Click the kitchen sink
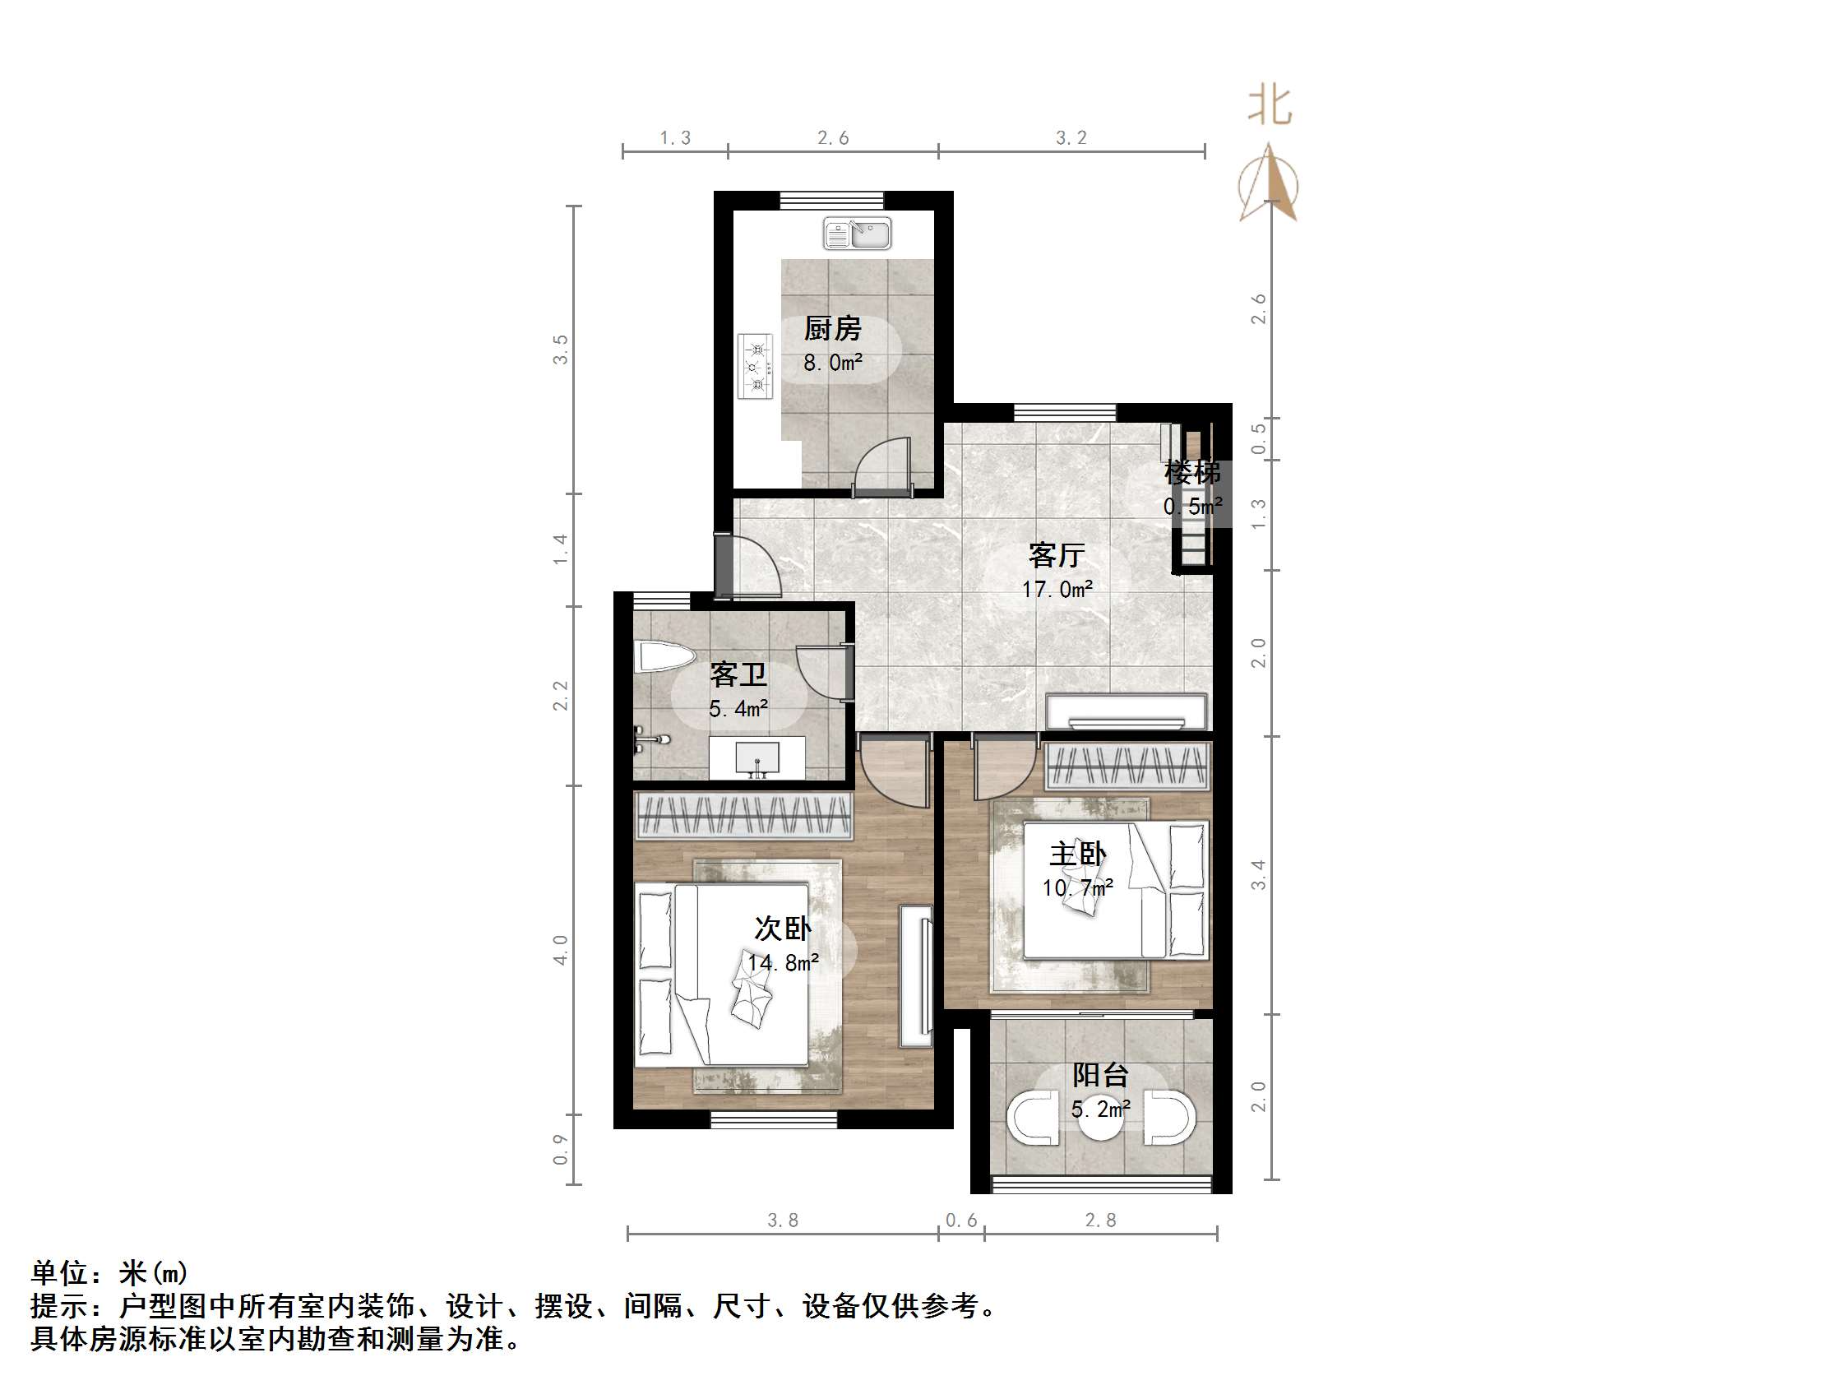click(856, 233)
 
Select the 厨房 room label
click(832, 329)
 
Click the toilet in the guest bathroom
click(663, 657)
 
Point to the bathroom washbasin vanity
click(757, 758)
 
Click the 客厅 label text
click(1057, 555)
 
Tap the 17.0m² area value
click(1057, 590)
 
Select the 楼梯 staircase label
click(1192, 473)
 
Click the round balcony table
click(1101, 1123)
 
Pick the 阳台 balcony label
click(1100, 1075)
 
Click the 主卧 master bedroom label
click(1077, 854)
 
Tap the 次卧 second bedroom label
click(782, 929)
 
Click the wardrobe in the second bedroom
click(743, 816)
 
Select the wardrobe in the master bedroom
click(1127, 766)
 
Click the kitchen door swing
click(885, 467)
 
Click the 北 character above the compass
click(1270, 107)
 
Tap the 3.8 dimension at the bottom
click(783, 1221)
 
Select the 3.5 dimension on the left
click(560, 349)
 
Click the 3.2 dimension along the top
click(1071, 137)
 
